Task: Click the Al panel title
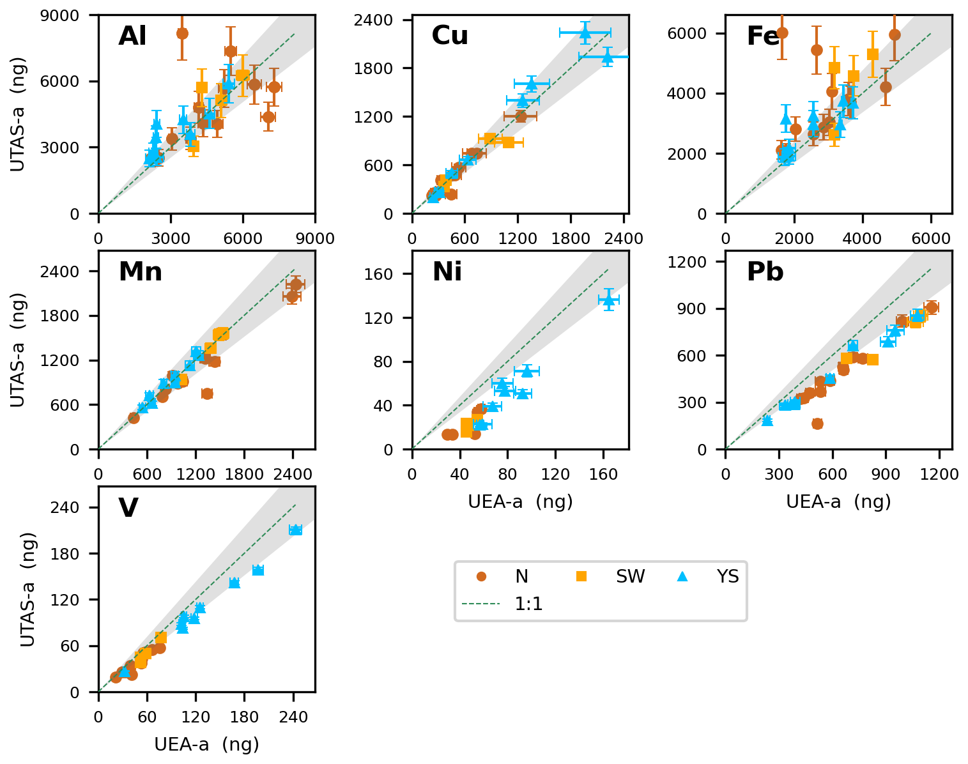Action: pyautogui.click(x=132, y=36)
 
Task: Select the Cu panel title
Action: pyautogui.click(x=450, y=36)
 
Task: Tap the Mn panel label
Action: pyautogui.click(x=140, y=272)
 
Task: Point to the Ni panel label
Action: pyautogui.click(x=447, y=272)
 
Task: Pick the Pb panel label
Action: pyautogui.click(x=765, y=272)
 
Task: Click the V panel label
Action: pyautogui.click(x=128, y=508)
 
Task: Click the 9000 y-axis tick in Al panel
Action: pyautogui.click(x=75, y=15)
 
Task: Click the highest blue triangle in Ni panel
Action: pyautogui.click(x=609, y=299)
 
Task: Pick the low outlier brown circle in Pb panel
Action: pyautogui.click(x=817, y=424)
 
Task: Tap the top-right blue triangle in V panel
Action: pyautogui.click(x=295, y=530)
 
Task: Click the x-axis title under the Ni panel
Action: pyautogui.click(x=520, y=502)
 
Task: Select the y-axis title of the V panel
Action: pyautogui.click(x=27, y=589)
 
